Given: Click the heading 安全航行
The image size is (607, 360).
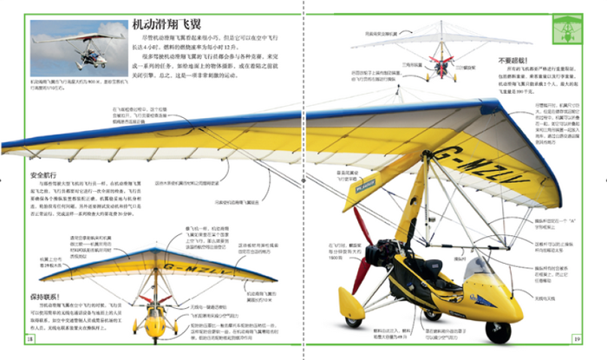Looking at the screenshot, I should [x=31, y=175].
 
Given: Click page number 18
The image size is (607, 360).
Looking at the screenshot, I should [x=29, y=338].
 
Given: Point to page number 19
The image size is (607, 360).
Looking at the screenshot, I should [x=576, y=338].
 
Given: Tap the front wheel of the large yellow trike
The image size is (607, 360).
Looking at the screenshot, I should [x=497, y=329].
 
